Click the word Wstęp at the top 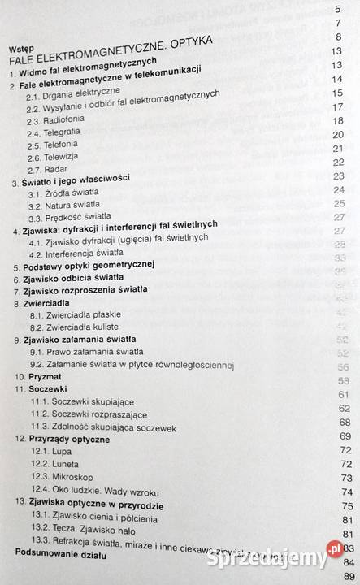pyautogui.click(x=20, y=49)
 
